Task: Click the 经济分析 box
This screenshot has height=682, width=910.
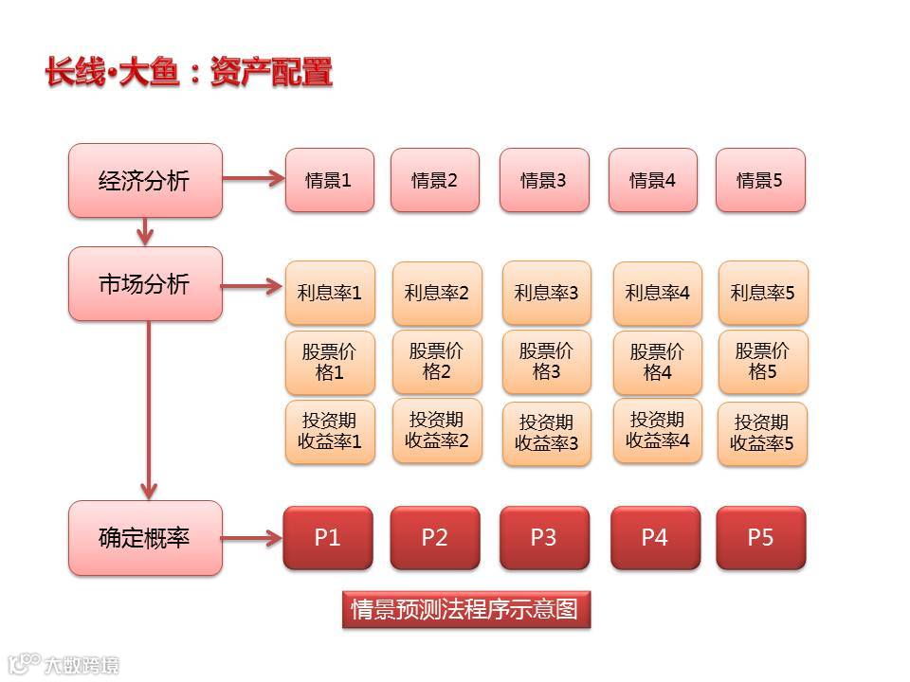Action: click(145, 180)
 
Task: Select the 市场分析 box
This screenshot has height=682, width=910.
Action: click(145, 283)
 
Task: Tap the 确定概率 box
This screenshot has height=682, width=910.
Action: click(145, 538)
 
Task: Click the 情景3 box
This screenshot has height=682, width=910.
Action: click(543, 180)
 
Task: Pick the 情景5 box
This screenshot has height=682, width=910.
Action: click(760, 180)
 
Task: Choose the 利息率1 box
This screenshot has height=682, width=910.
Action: click(330, 293)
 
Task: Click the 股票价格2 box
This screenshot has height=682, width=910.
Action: click(437, 362)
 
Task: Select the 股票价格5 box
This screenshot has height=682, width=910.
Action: click(763, 362)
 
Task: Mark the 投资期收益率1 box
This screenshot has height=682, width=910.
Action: click(330, 432)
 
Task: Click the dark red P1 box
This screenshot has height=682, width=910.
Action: click(327, 538)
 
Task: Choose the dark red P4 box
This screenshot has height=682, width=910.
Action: click(655, 538)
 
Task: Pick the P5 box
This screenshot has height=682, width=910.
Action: click(760, 538)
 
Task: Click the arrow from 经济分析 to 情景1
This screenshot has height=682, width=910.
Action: click(253, 177)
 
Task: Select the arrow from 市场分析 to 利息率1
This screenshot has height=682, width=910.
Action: click(253, 284)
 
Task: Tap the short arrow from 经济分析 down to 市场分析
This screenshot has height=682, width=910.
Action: click(145, 231)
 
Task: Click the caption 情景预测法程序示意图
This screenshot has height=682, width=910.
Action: click(465, 608)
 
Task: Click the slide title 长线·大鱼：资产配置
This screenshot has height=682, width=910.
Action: click(190, 73)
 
